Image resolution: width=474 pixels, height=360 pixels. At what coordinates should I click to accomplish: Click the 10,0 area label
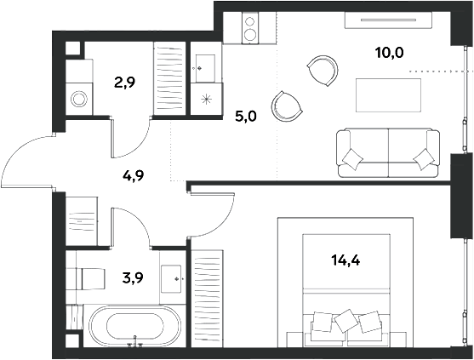[x=390, y=54]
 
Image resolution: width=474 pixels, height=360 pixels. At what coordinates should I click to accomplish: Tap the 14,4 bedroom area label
[x=346, y=260]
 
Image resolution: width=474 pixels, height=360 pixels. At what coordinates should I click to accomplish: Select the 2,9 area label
[x=124, y=83]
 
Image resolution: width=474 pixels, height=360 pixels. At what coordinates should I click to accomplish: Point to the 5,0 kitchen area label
[x=246, y=117]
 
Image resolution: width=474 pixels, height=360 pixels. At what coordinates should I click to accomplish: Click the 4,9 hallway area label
[x=134, y=176]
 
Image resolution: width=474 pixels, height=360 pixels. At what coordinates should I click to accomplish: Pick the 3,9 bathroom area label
[x=133, y=277]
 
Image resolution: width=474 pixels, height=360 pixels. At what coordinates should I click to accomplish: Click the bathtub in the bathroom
[x=135, y=326]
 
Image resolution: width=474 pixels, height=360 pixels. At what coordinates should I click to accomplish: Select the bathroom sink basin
[x=171, y=279]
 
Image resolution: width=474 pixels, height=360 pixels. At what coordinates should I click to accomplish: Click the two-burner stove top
[x=250, y=28]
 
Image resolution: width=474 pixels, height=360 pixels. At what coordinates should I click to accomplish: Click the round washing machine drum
[x=79, y=99]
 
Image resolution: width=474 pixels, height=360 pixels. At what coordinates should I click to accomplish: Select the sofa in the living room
[x=388, y=152]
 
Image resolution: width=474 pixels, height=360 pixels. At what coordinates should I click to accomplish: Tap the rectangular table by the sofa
[x=388, y=95]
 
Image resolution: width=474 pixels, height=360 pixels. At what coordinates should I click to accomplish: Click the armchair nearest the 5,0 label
[x=287, y=106]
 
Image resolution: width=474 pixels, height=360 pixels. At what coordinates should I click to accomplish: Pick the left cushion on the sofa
[x=352, y=158]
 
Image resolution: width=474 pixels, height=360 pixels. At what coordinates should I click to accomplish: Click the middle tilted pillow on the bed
[x=347, y=320]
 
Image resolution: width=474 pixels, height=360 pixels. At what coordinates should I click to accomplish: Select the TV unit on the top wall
[x=388, y=20]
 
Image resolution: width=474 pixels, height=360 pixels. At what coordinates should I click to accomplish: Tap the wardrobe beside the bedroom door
[x=208, y=299]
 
